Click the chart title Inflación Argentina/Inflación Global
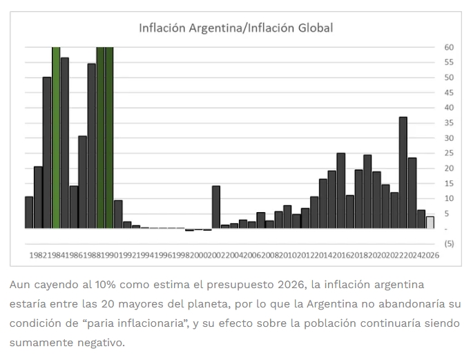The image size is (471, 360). coord(236,28)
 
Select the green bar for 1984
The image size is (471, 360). coord(56,138)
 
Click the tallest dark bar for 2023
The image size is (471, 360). coord(403,173)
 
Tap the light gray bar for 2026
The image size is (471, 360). coord(430,222)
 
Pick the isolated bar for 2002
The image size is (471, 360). coord(216,207)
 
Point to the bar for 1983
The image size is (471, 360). coord(47,152)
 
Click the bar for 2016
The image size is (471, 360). coord(341,191)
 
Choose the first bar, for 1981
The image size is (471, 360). coord(29,212)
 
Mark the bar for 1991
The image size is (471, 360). coord(118,214)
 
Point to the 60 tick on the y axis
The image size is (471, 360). coord(449,47)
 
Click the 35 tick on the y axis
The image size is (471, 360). coord(449,123)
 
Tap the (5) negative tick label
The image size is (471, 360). coord(449,244)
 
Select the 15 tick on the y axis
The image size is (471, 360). coord(449,183)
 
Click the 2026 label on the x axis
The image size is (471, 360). coord(432,255)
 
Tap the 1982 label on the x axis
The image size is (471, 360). coord(38,255)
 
